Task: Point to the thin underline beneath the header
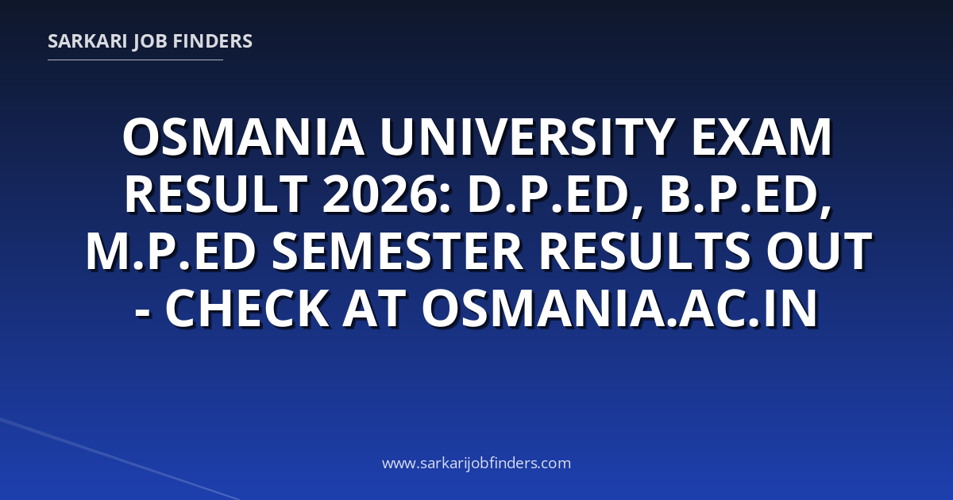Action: pos(135,60)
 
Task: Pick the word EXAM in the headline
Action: pos(762,137)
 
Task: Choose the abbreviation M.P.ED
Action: pos(171,252)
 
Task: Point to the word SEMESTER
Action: pos(397,252)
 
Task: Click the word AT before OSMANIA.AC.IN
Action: pos(373,308)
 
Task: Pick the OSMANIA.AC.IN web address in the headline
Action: pos(619,308)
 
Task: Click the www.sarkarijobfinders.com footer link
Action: pos(476,463)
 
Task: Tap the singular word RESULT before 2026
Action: pos(216,194)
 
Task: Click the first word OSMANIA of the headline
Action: pos(243,137)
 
